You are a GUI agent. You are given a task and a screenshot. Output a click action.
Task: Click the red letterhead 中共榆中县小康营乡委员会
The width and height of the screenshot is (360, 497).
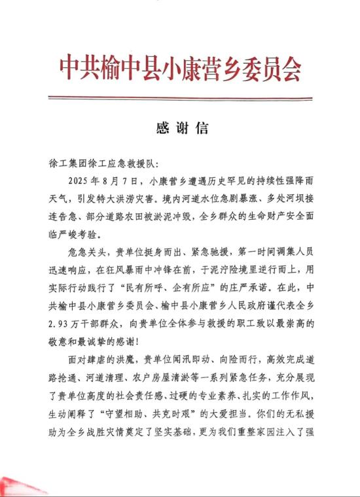click(180, 66)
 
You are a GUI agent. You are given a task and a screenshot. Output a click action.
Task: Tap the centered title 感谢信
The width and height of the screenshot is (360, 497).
click(180, 128)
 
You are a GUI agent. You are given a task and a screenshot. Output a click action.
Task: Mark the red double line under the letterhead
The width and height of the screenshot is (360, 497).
click(180, 99)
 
